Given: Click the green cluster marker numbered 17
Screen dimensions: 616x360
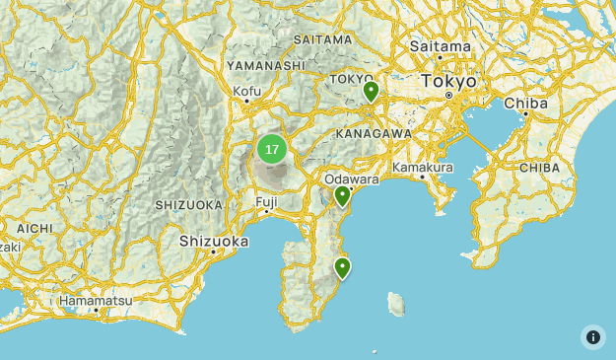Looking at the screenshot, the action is (x=272, y=150).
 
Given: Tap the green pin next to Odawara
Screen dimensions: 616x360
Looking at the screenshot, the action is (x=342, y=196).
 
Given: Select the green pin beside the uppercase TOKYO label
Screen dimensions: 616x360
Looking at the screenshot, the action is (x=371, y=92).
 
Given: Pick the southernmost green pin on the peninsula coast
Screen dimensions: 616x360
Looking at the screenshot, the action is (x=342, y=267).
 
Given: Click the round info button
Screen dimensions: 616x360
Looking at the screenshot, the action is (x=592, y=336).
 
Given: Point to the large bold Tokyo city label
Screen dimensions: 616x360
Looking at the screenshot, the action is (x=448, y=82).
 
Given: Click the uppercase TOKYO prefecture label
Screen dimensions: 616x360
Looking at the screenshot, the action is (x=351, y=79).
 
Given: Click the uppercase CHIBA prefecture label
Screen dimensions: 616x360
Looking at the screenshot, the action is (x=539, y=168).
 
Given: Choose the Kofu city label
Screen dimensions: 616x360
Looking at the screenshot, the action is (x=246, y=92).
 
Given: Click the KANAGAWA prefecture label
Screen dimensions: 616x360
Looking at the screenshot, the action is (x=373, y=133).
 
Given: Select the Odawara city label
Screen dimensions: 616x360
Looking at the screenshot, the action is (x=351, y=180).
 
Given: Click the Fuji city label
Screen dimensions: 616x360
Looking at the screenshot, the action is (x=266, y=201).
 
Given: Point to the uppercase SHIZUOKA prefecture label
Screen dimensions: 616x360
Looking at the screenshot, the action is (x=188, y=205).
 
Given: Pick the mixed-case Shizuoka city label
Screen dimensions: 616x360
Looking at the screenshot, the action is (x=214, y=241).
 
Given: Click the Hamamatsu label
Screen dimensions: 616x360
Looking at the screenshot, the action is (x=95, y=300).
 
